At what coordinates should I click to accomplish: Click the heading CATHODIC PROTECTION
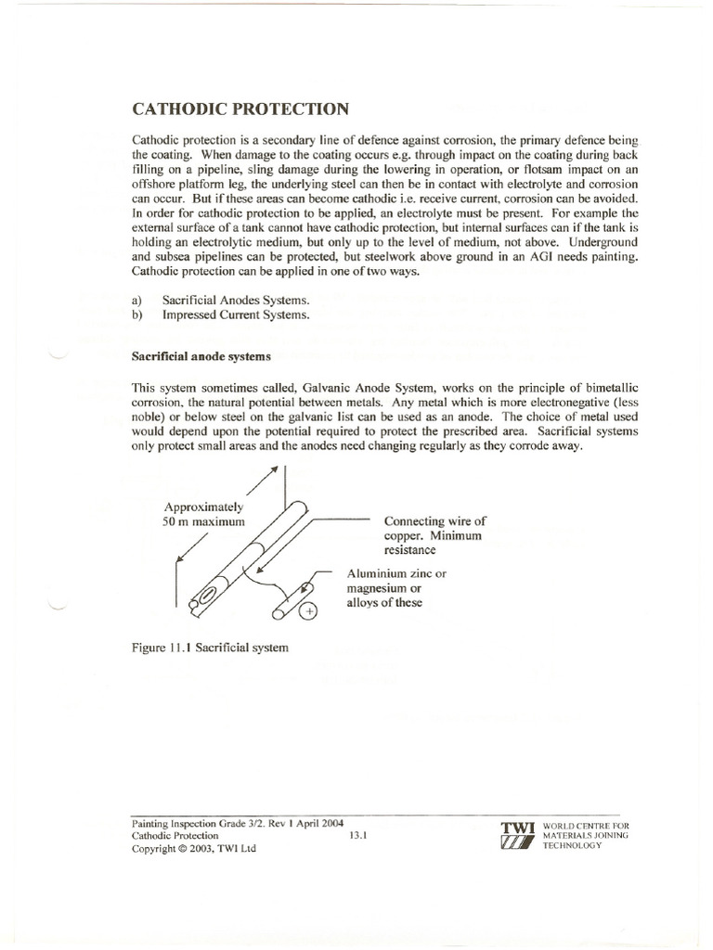coord(241,109)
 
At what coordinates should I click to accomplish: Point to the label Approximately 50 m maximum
coord(204,515)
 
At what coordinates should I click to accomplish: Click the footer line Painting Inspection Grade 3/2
coord(227,822)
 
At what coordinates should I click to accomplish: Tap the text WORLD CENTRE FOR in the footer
coord(587,824)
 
